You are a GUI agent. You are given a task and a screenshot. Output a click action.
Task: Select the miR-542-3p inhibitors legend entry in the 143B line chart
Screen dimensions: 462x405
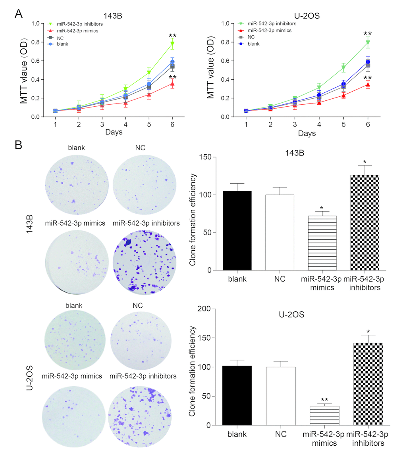[x=71, y=23]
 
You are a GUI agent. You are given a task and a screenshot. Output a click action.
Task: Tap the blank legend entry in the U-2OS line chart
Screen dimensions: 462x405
[x=253, y=44]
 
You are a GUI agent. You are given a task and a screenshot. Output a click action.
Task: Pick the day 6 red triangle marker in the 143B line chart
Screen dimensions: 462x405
[x=172, y=84]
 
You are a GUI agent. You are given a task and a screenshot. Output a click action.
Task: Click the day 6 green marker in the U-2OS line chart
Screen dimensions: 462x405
[x=368, y=42]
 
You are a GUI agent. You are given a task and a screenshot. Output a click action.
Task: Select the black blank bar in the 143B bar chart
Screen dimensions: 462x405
[x=237, y=230]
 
